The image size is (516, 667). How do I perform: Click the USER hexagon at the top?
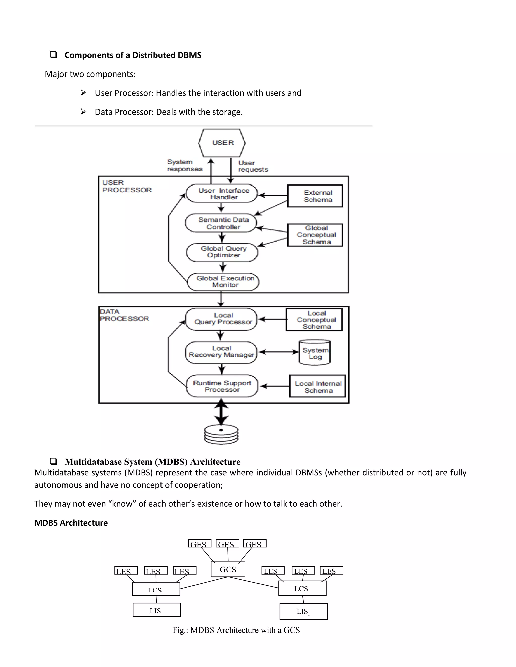[x=222, y=143]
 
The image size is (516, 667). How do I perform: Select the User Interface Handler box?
[x=222, y=194]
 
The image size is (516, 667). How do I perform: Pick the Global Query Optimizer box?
[x=222, y=252]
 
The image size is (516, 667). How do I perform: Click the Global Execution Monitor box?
[x=223, y=282]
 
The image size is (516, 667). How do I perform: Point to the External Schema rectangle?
[x=315, y=196]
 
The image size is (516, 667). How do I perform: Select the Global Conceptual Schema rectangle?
[x=315, y=235]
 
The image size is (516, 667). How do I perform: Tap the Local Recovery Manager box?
[x=221, y=352]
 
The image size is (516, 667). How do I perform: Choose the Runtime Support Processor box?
[x=222, y=386]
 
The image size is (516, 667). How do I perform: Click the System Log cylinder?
[x=314, y=353]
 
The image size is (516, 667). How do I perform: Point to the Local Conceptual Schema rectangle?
[x=314, y=320]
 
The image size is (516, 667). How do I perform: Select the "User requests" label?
[x=253, y=166]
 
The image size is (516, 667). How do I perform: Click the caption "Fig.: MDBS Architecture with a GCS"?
[x=236, y=630]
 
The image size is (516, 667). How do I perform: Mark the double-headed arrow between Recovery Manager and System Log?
[x=278, y=352]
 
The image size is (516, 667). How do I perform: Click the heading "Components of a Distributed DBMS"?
[x=133, y=55]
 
